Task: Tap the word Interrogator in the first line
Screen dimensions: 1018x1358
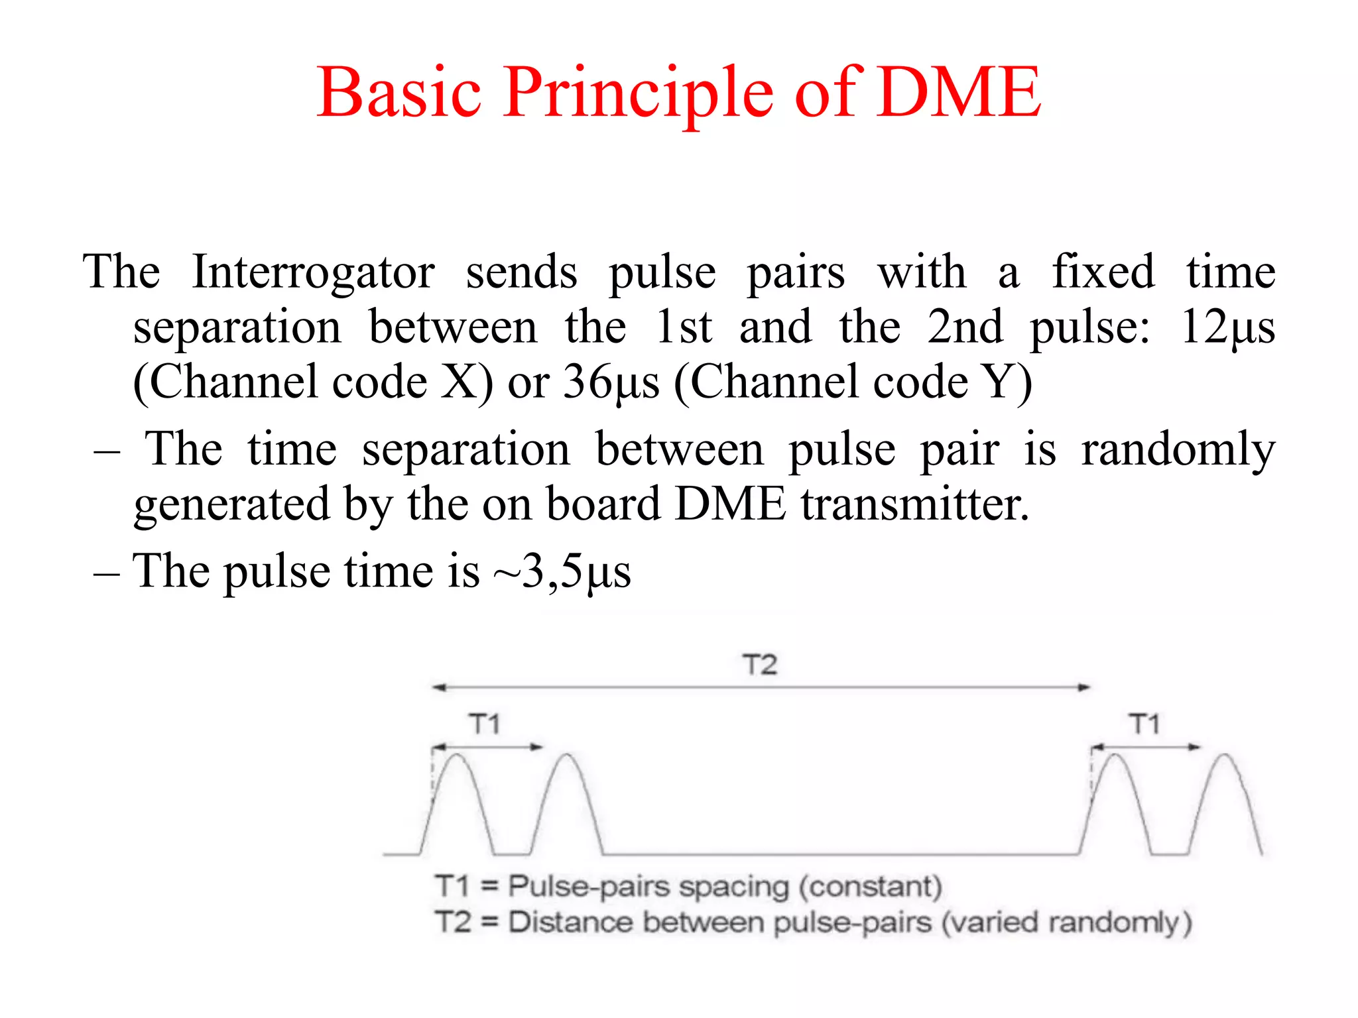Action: point(313,273)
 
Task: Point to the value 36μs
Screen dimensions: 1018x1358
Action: point(611,383)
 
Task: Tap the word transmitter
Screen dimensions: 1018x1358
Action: point(914,505)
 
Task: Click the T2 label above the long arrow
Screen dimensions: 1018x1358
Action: point(759,664)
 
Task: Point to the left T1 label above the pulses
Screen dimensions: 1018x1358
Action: point(485,724)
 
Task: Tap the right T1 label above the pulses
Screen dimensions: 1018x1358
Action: point(1144,724)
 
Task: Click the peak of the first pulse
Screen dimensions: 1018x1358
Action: point(457,755)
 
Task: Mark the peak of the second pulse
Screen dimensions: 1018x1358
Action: point(567,755)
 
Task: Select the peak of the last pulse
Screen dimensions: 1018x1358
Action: point(1225,756)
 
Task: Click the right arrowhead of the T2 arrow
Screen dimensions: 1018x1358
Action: point(1084,687)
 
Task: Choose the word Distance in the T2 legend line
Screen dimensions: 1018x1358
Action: point(570,923)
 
